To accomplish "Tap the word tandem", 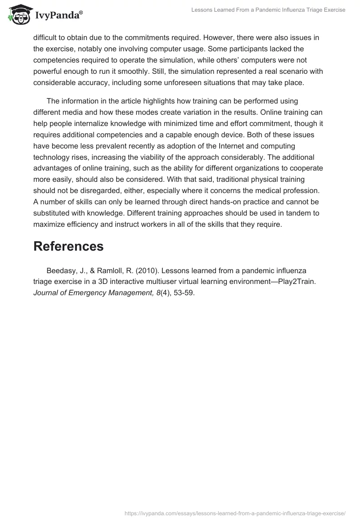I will coord(292,212).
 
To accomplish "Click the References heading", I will coord(68,246).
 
